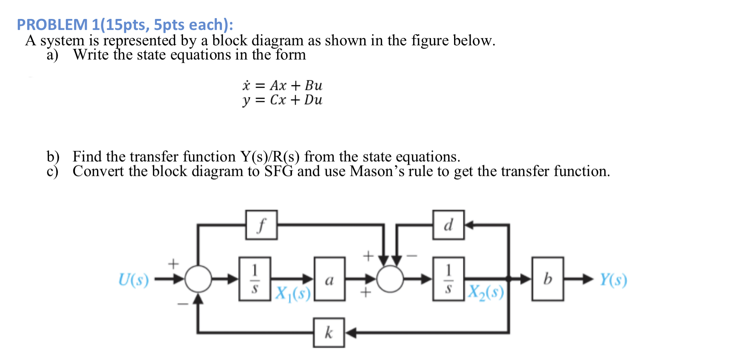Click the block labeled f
pos(261,225)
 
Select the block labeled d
pos(448,225)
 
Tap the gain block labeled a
pos(330,279)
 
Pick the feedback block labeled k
pos(329,333)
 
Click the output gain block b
pos(547,279)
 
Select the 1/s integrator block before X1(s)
pos(255,279)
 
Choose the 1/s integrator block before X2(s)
pos(448,279)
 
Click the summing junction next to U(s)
pos(198,279)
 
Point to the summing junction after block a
pos(390,279)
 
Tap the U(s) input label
pos(134,280)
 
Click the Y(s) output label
pos(613,280)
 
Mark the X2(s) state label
pos(486,293)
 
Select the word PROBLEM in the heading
pos(52,25)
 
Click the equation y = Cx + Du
pos(282,100)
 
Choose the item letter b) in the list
pos(52,157)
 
